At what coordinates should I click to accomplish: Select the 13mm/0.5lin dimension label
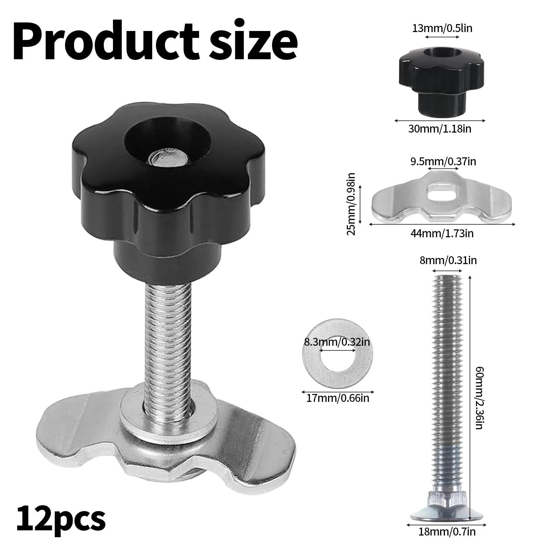442,28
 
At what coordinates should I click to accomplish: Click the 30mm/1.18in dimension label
440,129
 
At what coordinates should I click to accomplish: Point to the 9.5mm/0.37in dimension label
443,161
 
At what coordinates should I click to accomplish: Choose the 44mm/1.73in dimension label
442,233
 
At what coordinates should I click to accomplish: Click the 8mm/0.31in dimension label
448,261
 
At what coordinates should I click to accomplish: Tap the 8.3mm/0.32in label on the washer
337,342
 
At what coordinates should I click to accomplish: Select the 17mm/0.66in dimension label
337,398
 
